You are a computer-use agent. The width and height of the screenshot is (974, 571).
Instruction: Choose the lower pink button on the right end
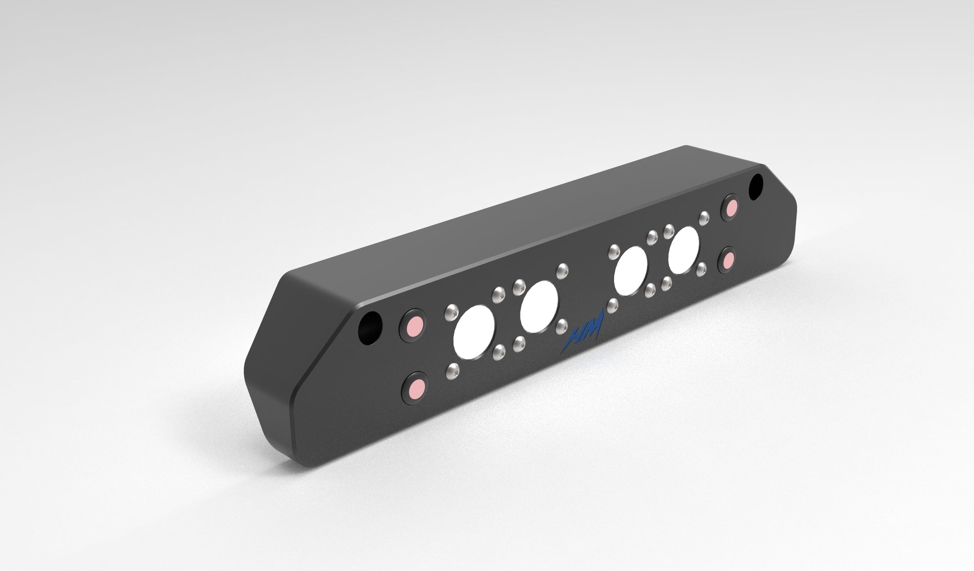(729, 262)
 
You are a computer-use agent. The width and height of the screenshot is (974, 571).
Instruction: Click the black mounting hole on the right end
(756, 186)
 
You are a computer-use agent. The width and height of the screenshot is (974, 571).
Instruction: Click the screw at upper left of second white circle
(519, 285)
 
